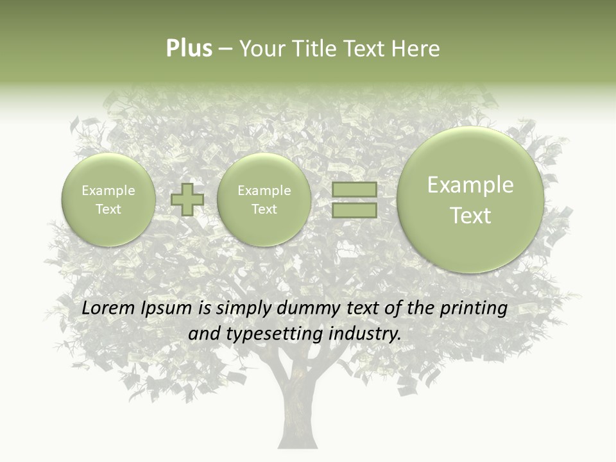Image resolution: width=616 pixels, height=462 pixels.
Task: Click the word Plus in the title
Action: [x=189, y=49]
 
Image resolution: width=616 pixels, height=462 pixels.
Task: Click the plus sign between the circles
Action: [x=187, y=200]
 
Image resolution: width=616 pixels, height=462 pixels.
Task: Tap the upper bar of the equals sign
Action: [x=354, y=190]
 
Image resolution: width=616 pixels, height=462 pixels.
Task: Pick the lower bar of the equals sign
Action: [x=354, y=210]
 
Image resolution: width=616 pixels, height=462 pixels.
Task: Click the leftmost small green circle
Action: [x=108, y=200]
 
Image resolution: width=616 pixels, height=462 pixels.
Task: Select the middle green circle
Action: [x=264, y=200]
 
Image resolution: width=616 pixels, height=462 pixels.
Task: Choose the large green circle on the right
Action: [x=470, y=200]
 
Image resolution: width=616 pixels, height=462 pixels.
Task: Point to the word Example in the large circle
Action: [x=470, y=185]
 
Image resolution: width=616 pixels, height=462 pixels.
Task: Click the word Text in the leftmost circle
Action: [x=108, y=209]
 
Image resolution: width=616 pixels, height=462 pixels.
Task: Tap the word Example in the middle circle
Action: [x=264, y=191]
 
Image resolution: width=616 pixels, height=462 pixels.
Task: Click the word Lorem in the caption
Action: [x=108, y=309]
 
